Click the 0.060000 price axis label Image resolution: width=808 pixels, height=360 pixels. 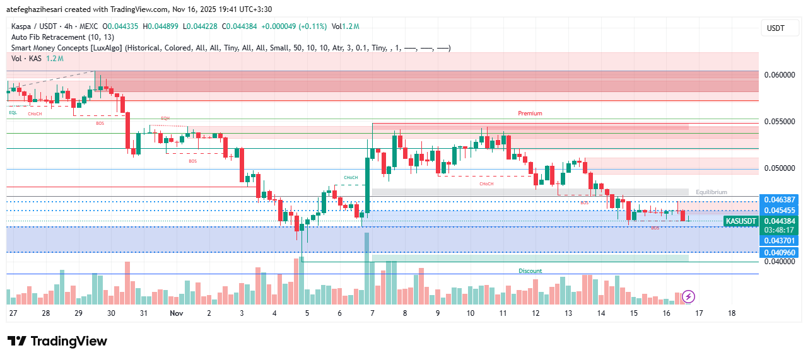pos(779,74)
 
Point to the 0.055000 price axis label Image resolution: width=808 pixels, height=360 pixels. pos(779,121)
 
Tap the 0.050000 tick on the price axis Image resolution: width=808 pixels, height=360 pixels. pos(779,168)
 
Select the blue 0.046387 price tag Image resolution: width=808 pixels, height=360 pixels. pos(779,199)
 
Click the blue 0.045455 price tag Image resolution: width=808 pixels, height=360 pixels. pos(779,210)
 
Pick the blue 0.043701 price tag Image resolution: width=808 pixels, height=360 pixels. pos(779,241)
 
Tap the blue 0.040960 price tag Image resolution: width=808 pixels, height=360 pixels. pos(779,252)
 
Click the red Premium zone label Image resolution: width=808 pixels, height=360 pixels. pos(530,113)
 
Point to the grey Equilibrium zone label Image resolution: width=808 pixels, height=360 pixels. pos(711,192)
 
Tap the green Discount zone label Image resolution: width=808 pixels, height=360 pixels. pos(530,271)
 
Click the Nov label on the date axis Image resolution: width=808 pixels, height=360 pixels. pos(176,313)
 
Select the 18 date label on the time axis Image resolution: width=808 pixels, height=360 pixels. pos(732,313)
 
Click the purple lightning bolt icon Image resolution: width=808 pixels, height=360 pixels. pos(689,296)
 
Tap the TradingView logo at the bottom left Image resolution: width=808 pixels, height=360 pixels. pos(57,341)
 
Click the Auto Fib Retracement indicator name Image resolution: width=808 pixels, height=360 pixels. pos(62,37)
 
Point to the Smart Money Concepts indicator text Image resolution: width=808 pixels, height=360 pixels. pos(66,48)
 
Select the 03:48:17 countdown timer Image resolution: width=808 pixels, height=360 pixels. pos(779,230)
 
